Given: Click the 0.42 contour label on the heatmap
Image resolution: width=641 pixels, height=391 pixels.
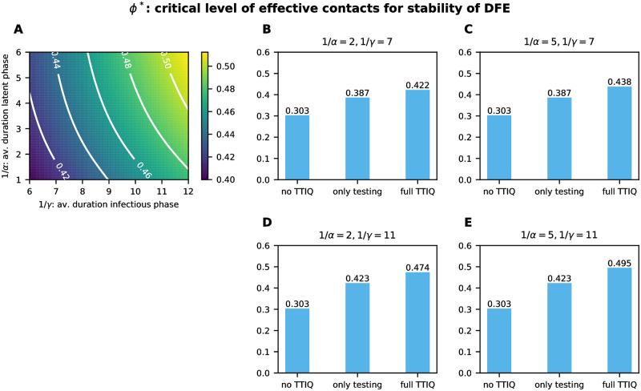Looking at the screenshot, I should point(61,169).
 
